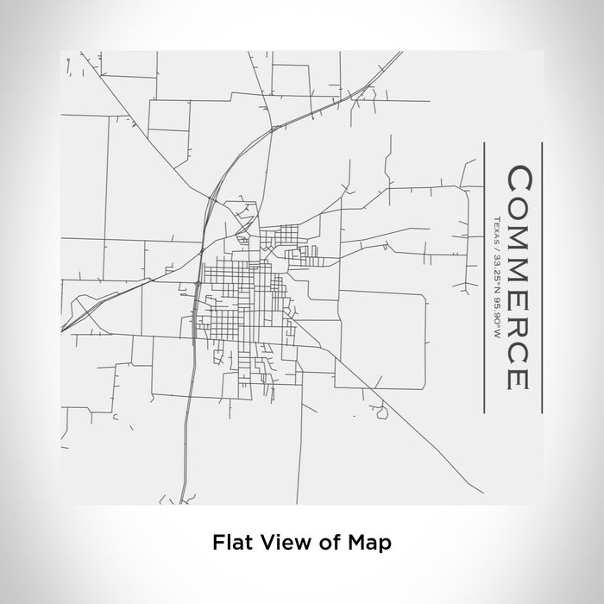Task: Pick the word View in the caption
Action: (283, 543)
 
